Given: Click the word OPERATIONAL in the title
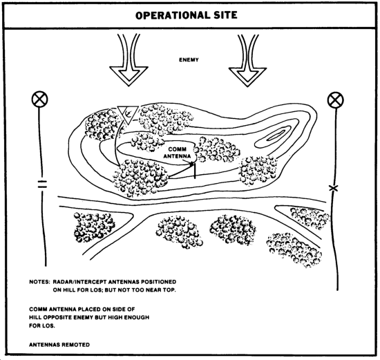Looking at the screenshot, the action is coord(173,15).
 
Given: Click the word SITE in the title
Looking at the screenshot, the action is coord(226,15).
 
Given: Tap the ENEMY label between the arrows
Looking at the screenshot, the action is coord(189,59).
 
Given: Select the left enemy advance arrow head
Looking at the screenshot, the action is coord(129,76).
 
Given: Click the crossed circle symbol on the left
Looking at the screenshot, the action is coord(40,99).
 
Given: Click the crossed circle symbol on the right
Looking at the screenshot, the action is coord(336,100).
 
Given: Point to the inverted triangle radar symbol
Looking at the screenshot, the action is coord(128,115).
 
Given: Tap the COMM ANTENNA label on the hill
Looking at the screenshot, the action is coord(177,153).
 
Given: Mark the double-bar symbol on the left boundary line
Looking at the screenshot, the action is coord(42,184).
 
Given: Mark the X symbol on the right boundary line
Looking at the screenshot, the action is coord(334,188).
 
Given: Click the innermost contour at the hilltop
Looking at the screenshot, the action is coord(276,135).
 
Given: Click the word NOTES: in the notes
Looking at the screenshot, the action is coord(40,282).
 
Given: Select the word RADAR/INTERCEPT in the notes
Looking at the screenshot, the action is coord(79,282).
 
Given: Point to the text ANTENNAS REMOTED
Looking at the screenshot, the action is coord(59,345).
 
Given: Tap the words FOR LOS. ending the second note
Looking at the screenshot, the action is coord(42,325).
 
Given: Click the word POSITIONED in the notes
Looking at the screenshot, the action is coord(159,282).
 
